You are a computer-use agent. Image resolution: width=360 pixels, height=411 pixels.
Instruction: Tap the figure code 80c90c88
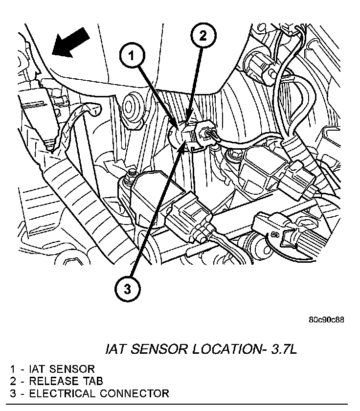pos(326,320)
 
